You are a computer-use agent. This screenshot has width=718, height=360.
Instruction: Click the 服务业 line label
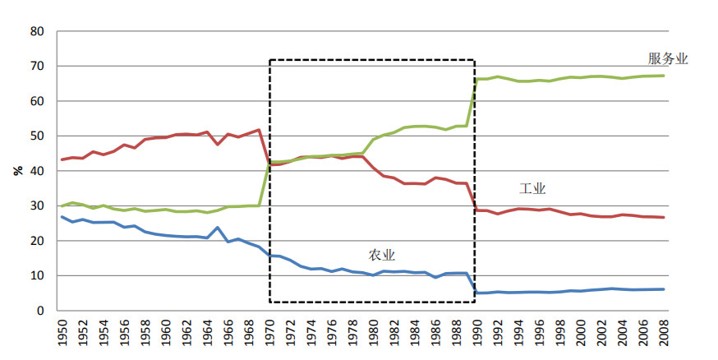668,59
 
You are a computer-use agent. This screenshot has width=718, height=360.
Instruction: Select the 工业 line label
532,188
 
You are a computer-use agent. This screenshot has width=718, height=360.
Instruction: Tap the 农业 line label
382,255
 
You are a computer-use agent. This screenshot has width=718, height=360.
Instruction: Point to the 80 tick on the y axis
38,31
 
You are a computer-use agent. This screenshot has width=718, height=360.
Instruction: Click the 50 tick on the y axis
38,136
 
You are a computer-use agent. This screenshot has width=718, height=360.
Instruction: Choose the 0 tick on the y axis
41,311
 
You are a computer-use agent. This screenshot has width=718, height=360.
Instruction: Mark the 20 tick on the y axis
38,241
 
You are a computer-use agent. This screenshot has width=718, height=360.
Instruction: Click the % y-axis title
17,171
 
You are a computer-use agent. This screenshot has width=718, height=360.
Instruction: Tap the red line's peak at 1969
259,130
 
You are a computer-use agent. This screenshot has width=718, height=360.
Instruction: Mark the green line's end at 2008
664,76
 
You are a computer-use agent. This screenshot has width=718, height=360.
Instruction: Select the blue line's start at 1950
62,217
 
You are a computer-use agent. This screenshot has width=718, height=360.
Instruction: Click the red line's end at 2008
664,218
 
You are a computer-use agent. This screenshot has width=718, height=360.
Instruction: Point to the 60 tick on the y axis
38,101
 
